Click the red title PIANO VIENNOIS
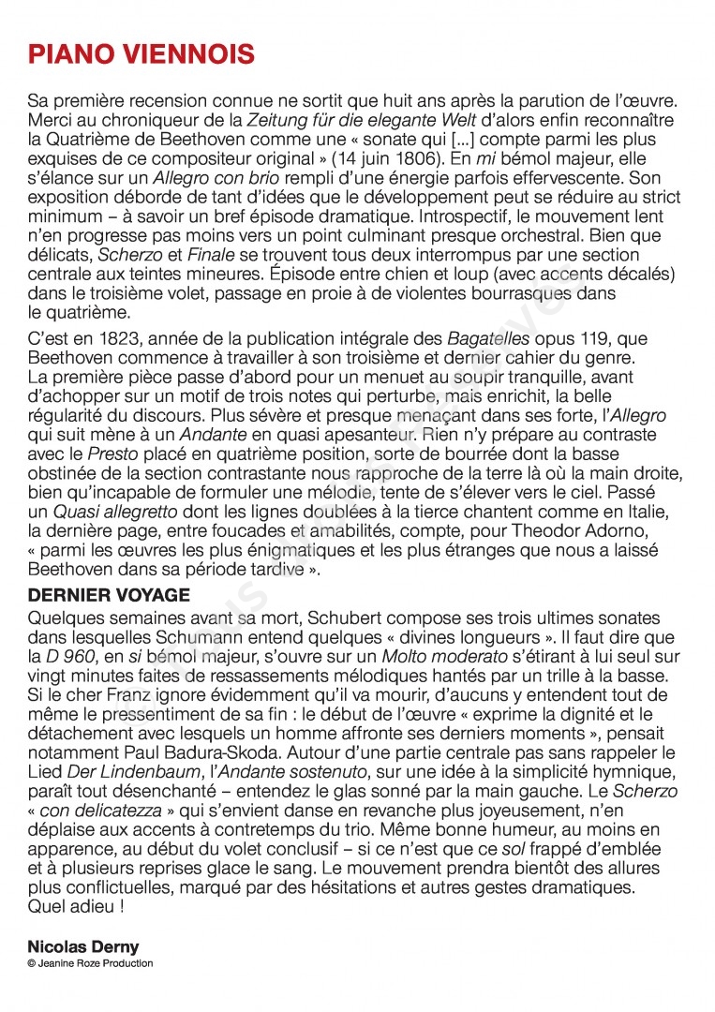142,55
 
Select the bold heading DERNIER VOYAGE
109,596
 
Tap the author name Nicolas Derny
83,947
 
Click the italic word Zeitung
278,120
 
